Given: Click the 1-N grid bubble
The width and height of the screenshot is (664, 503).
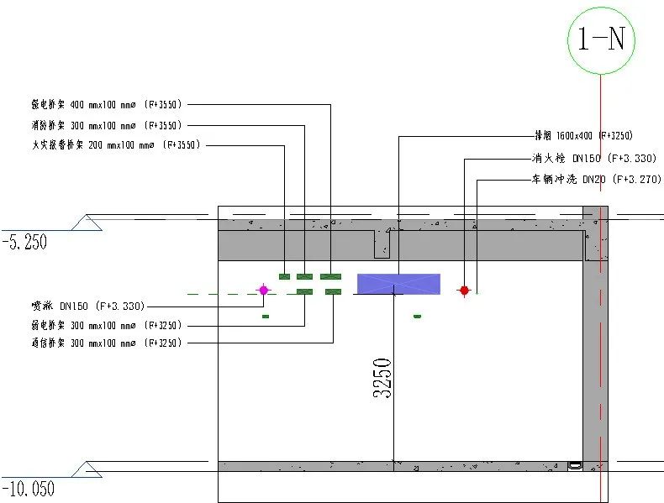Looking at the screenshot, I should pos(600,39).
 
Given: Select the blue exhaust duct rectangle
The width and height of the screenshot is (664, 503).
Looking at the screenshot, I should pos(398,284).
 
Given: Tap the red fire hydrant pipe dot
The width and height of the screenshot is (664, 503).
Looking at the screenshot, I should pos(464,291).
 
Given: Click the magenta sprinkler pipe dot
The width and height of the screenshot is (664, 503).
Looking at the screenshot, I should pos(263,291).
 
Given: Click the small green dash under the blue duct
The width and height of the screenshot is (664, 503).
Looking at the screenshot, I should pos(417,316).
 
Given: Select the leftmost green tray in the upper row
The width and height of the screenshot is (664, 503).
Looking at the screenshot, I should pos(284,276).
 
